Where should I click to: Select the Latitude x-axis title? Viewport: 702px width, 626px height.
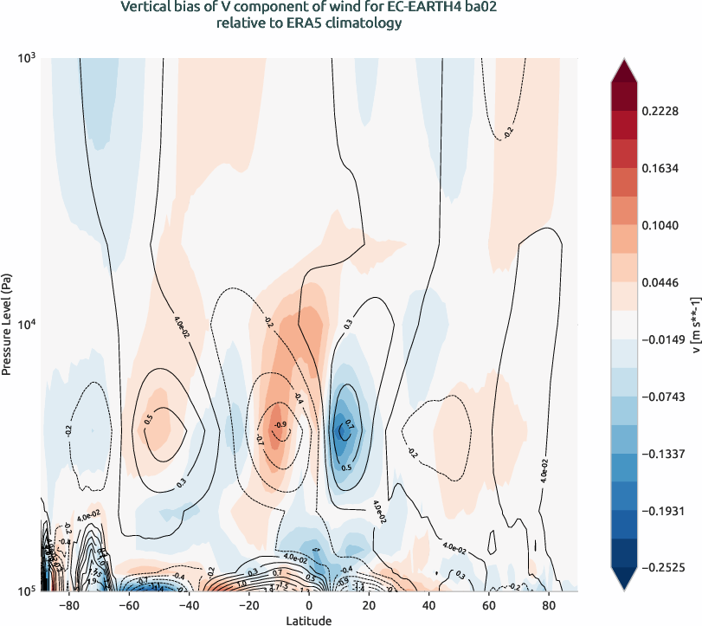tap(309, 619)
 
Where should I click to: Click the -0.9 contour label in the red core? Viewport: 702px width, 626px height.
tap(280, 424)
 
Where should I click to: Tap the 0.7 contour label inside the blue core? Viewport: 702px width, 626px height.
tap(349, 425)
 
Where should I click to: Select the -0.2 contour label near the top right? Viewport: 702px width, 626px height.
tap(508, 131)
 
